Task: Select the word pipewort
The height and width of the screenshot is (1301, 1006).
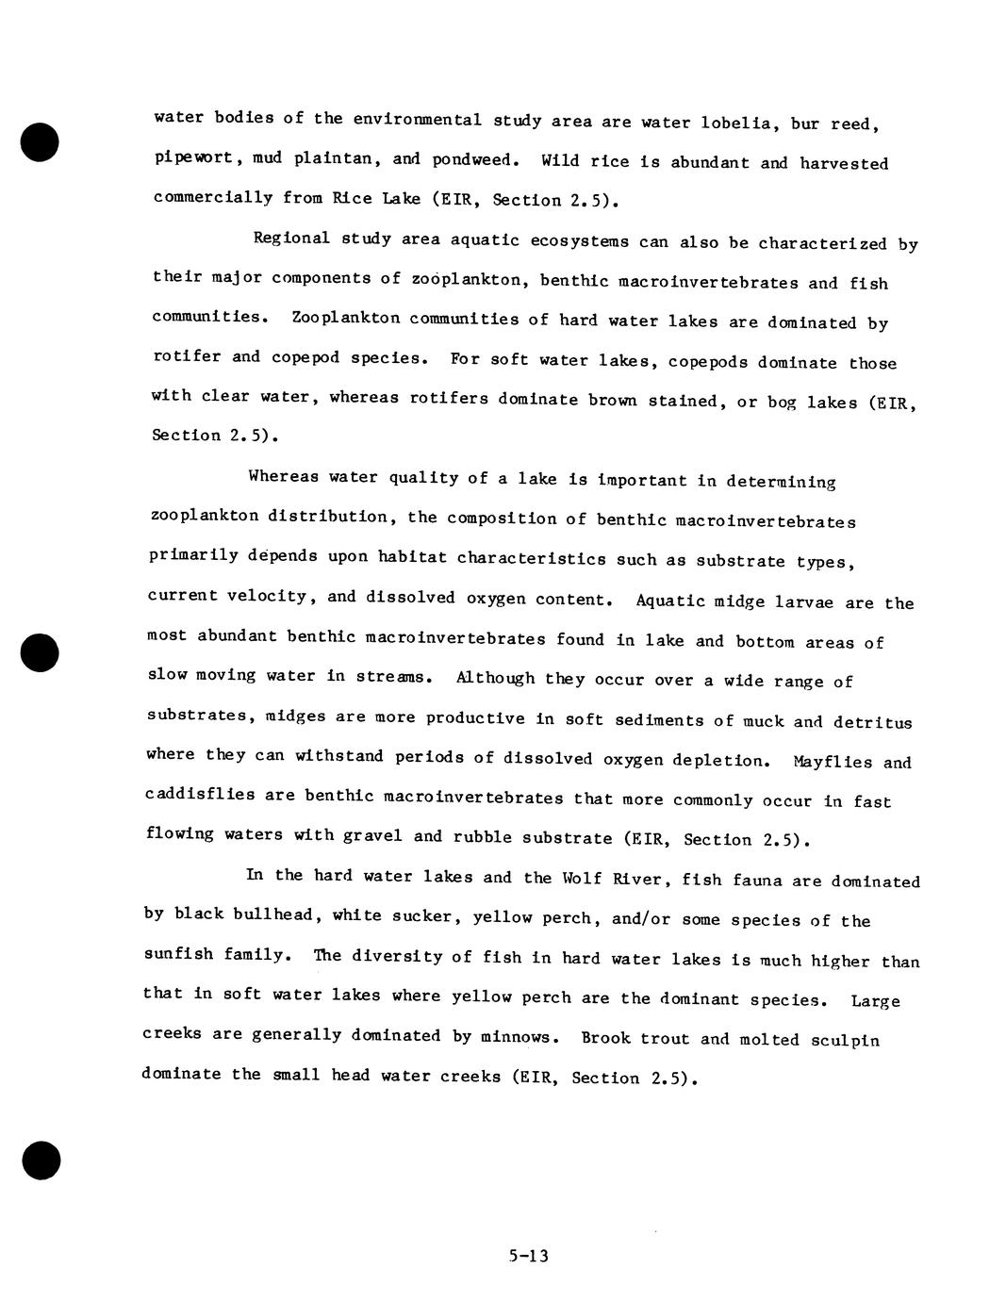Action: [x=193, y=157]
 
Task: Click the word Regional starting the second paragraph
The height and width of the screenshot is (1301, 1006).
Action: [x=291, y=238]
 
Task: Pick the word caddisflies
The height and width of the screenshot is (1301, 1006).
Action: [x=200, y=794]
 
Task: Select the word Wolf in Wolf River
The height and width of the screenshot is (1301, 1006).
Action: [x=581, y=879]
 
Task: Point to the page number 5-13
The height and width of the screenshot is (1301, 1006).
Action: [x=528, y=1256]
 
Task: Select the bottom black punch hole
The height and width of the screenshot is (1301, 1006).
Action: [x=41, y=1160]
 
